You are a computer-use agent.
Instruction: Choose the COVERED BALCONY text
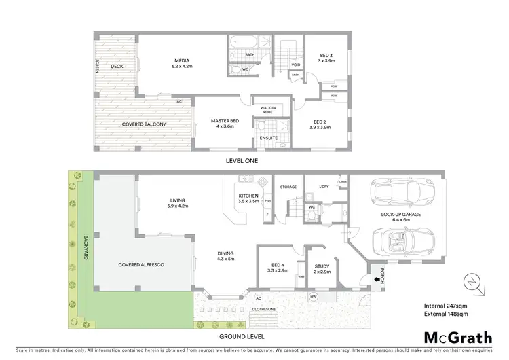144,124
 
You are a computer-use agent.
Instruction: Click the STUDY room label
321,268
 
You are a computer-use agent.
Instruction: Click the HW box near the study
313,297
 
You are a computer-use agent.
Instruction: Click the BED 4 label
278,268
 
